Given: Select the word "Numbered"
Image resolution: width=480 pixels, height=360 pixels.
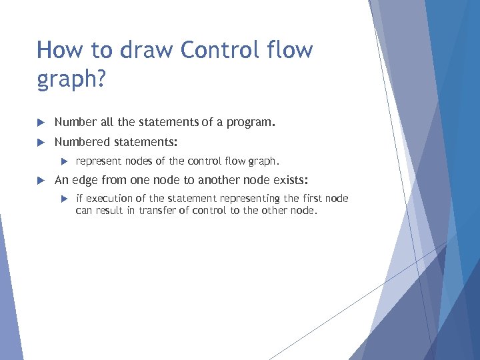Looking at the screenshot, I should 82,142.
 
